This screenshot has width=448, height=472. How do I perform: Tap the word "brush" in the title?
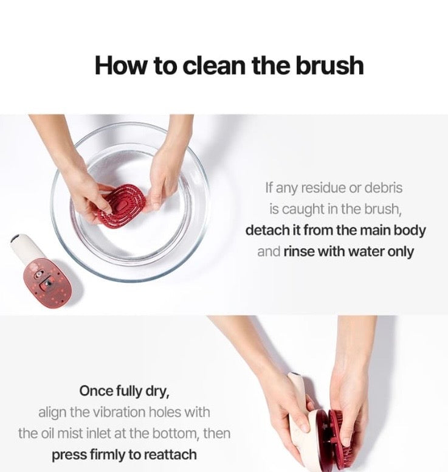click(x=329, y=65)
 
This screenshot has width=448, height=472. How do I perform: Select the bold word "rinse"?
click(x=298, y=252)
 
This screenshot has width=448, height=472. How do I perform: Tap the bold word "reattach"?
click(x=170, y=455)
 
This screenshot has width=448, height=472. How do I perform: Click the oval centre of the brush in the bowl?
click(x=120, y=206)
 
